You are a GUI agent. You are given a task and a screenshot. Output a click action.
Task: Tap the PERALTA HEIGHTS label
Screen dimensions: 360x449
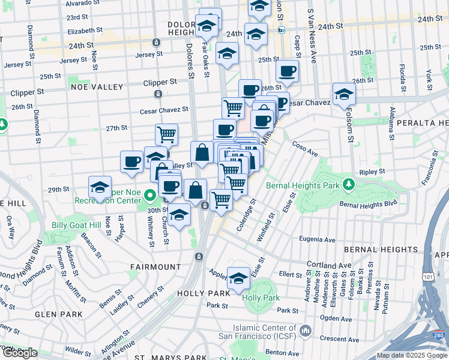pos(417,122)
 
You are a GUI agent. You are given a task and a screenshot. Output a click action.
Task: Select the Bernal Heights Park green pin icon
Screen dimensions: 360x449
pos(348,182)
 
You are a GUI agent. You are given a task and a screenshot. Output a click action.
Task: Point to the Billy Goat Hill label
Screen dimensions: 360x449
pos(76,225)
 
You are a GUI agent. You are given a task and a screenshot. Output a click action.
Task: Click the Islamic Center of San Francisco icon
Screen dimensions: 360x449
pos(306,331)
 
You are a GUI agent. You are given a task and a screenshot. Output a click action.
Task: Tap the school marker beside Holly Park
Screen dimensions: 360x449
pos(239,277)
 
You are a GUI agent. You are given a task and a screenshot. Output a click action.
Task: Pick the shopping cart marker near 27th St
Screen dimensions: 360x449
pos(166,134)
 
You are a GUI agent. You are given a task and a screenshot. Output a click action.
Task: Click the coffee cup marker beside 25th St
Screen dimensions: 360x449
pos(287,71)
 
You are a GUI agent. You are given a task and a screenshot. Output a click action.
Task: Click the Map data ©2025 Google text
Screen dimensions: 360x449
pos(412,355)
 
